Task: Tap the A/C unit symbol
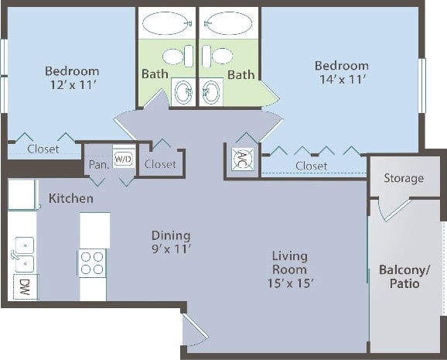(x=240, y=159)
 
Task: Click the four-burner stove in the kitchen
(x=92, y=262)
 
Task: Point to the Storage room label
(x=404, y=178)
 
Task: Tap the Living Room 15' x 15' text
(x=290, y=269)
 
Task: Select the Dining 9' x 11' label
(x=171, y=242)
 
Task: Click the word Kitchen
(x=71, y=199)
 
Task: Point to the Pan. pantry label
(x=97, y=164)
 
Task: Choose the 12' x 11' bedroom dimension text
(x=73, y=85)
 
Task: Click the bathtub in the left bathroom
(x=167, y=23)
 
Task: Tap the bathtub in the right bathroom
(x=229, y=23)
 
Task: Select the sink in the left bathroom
(x=183, y=92)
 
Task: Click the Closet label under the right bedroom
(x=311, y=166)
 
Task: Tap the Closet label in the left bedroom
(x=43, y=149)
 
